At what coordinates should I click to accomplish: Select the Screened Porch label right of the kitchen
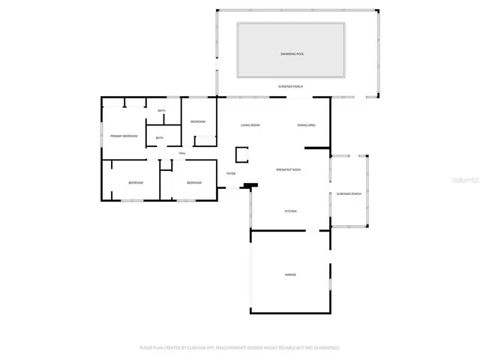click(349, 193)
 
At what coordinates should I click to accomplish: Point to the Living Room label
click(250, 125)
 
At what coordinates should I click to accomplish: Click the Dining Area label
click(306, 125)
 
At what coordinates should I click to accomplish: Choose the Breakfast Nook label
click(289, 169)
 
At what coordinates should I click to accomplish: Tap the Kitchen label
click(290, 211)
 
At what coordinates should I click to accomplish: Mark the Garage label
click(290, 274)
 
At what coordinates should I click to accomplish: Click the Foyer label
click(231, 173)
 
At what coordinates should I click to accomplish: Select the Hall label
click(181, 154)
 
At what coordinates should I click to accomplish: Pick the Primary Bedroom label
click(124, 136)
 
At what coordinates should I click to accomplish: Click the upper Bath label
click(161, 112)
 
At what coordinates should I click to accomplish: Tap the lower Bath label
click(160, 138)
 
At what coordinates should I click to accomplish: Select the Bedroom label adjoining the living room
click(197, 121)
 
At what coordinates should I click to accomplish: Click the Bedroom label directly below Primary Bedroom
click(135, 183)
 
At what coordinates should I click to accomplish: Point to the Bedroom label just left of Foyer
click(193, 183)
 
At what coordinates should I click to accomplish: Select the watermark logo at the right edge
click(466, 180)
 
